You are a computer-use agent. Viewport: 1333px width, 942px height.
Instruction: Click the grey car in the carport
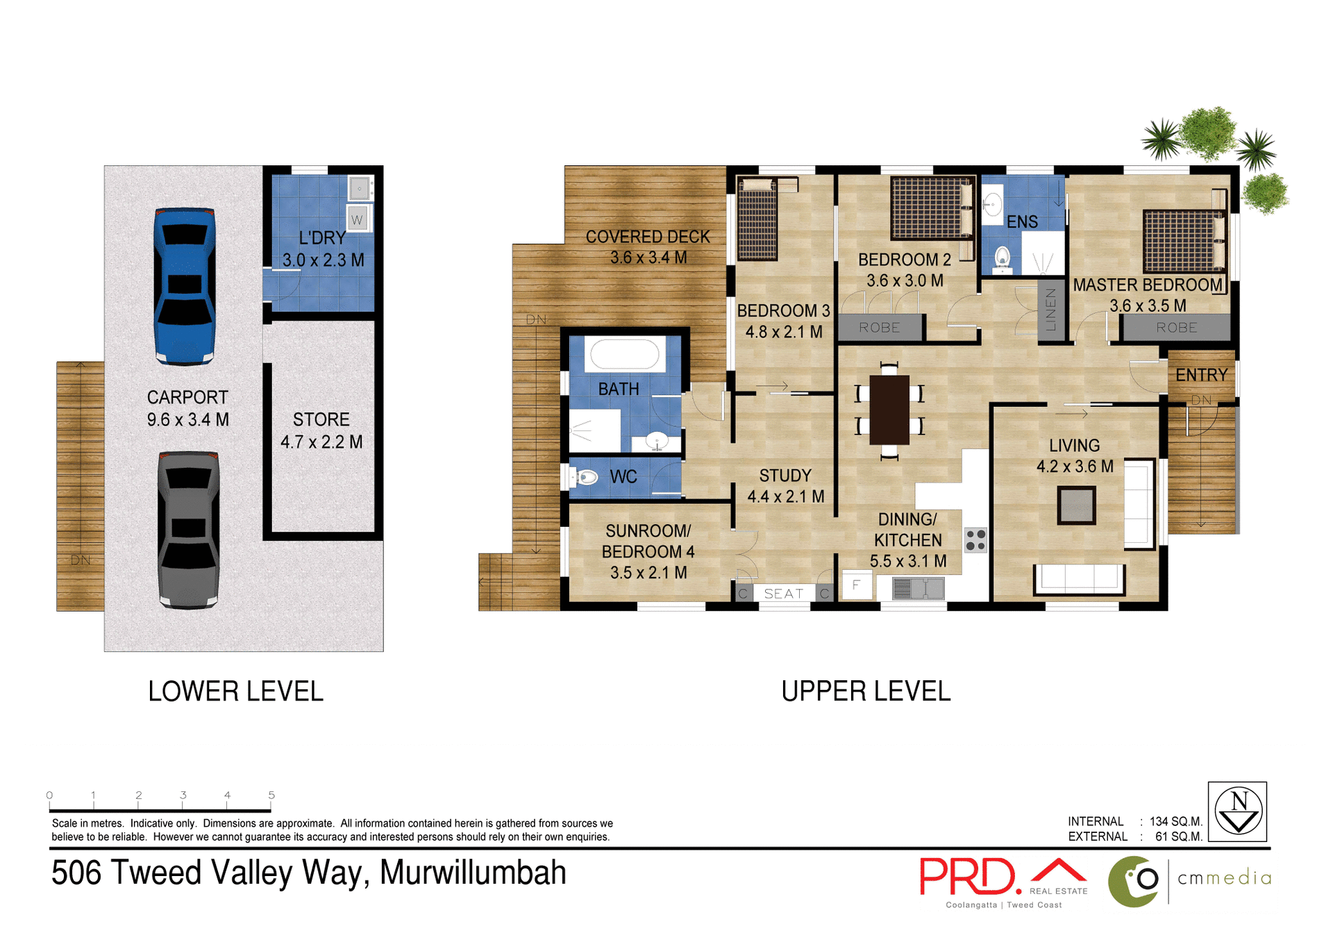click(x=188, y=529)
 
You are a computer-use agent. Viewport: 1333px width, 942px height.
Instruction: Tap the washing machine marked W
click(x=357, y=219)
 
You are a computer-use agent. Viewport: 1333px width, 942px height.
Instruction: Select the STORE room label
click(x=321, y=420)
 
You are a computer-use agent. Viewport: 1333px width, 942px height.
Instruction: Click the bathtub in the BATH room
click(x=624, y=355)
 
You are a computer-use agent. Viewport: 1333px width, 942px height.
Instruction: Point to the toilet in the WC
click(x=585, y=477)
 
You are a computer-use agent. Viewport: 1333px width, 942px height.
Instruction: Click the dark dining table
click(x=889, y=410)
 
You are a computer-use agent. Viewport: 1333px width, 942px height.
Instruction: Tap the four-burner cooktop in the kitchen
click(x=975, y=539)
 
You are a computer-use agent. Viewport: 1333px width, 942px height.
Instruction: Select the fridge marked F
click(x=856, y=585)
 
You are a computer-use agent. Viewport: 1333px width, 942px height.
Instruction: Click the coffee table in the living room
click(x=1076, y=505)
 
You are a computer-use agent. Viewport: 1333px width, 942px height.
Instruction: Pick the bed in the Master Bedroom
click(x=1184, y=240)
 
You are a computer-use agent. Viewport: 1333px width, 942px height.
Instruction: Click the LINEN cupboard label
click(x=1050, y=310)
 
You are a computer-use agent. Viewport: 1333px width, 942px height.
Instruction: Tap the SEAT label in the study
click(x=783, y=594)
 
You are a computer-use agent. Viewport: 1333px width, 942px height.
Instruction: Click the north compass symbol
click(x=1239, y=811)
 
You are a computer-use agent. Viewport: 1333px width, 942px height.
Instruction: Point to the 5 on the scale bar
click(x=271, y=796)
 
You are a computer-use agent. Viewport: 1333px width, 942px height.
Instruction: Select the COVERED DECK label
click(x=647, y=237)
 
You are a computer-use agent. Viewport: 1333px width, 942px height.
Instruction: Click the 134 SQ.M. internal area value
click(x=1175, y=822)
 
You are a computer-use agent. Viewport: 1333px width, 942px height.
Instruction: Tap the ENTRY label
click(x=1201, y=375)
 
